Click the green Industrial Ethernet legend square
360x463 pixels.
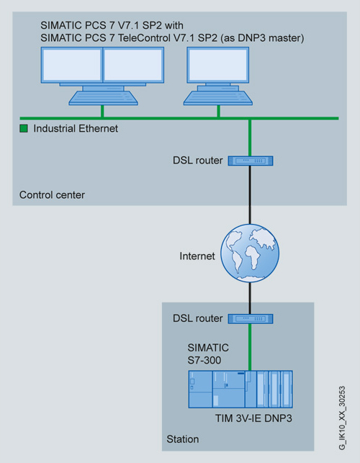[x=24, y=128]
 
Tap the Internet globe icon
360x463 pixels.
[x=250, y=253]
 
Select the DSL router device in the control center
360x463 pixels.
[x=251, y=161]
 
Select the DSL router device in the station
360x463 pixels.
[x=251, y=319]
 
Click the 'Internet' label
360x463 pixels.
[x=197, y=256]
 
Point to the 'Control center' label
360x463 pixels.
[x=52, y=195]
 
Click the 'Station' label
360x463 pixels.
[x=182, y=439]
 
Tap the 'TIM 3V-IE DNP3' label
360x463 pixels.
[x=253, y=418]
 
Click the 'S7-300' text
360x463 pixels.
[x=204, y=360]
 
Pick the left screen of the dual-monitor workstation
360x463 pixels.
[x=72, y=65]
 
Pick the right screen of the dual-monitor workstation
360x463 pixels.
[x=133, y=65]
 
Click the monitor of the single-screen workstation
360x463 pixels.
[x=218, y=65]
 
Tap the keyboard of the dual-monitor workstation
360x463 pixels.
[x=103, y=98]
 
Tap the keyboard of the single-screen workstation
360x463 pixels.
[x=218, y=98]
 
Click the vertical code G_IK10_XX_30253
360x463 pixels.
[x=342, y=418]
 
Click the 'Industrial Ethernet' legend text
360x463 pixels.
[x=76, y=128]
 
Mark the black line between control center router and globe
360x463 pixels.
[x=250, y=195]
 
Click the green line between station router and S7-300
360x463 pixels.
[x=250, y=347]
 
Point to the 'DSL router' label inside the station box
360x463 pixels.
[x=197, y=318]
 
